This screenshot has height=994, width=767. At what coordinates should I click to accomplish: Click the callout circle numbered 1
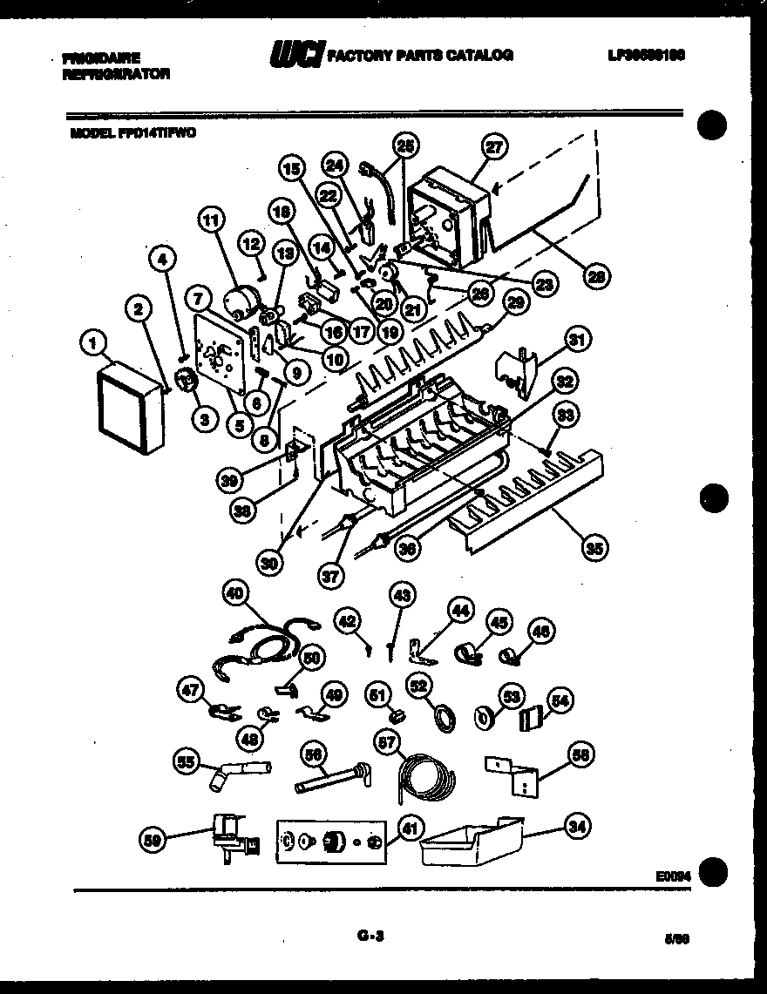(x=92, y=345)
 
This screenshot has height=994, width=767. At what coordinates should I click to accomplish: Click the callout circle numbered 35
(x=596, y=547)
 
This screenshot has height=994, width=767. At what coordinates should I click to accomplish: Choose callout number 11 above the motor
(x=209, y=220)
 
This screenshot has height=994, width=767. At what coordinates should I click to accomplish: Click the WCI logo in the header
(x=296, y=55)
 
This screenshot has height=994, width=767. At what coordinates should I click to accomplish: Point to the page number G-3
(x=370, y=937)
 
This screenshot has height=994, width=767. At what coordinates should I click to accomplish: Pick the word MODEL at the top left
(x=91, y=134)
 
